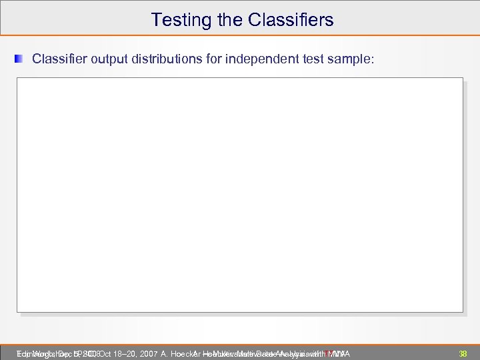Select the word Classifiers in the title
[291, 20]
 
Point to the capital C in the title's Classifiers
[255, 20]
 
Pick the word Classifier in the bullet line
[58, 59]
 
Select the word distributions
[160, 59]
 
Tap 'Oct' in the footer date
[106, 353]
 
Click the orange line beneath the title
[240, 35]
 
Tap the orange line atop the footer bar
[240, 345]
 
